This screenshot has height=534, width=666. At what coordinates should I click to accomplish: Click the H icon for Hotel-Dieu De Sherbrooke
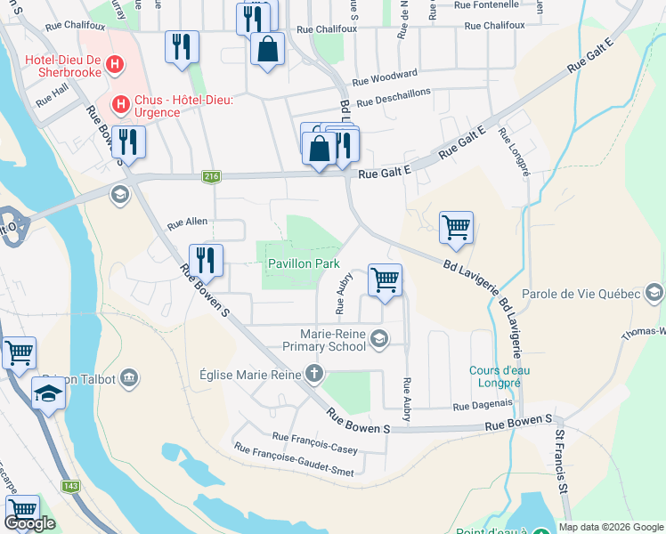(114, 64)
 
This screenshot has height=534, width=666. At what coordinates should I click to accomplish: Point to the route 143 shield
(70, 487)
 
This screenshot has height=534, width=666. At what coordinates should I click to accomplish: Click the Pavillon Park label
(304, 264)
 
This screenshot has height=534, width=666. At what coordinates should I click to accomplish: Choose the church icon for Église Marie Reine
(313, 374)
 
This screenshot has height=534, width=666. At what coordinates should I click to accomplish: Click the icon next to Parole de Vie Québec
(654, 294)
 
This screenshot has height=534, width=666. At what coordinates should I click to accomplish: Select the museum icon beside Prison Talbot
(130, 379)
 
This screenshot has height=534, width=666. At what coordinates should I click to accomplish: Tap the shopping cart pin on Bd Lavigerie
(456, 227)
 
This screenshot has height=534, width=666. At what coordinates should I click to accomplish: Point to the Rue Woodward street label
(385, 77)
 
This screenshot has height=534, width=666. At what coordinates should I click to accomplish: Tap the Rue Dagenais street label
(483, 405)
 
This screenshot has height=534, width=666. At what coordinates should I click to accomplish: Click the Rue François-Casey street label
(314, 442)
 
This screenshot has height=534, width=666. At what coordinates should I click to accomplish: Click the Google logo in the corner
(29, 523)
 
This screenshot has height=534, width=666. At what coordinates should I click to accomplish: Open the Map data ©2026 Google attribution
(610, 527)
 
